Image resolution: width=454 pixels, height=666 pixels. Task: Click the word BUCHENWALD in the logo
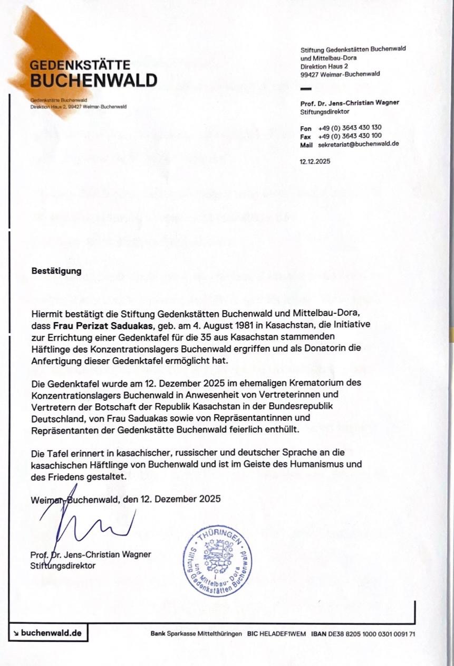coord(93,80)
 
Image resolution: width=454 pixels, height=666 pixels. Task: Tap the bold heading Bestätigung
coord(56,271)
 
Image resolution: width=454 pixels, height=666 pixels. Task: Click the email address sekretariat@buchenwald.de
coord(358,144)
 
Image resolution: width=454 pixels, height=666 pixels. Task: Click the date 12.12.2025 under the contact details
coord(315,162)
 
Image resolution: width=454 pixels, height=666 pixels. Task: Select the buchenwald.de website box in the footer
coord(48,633)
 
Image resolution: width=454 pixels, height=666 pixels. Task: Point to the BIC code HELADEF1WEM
coord(284,633)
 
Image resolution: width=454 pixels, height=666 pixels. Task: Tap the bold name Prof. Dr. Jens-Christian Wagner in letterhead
coord(350,102)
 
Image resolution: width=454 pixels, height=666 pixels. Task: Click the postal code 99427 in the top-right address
coord(310,74)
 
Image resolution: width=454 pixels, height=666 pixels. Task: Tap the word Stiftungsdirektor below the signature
coord(63,565)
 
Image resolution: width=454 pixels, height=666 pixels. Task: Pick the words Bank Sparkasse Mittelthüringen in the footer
coord(196,633)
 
